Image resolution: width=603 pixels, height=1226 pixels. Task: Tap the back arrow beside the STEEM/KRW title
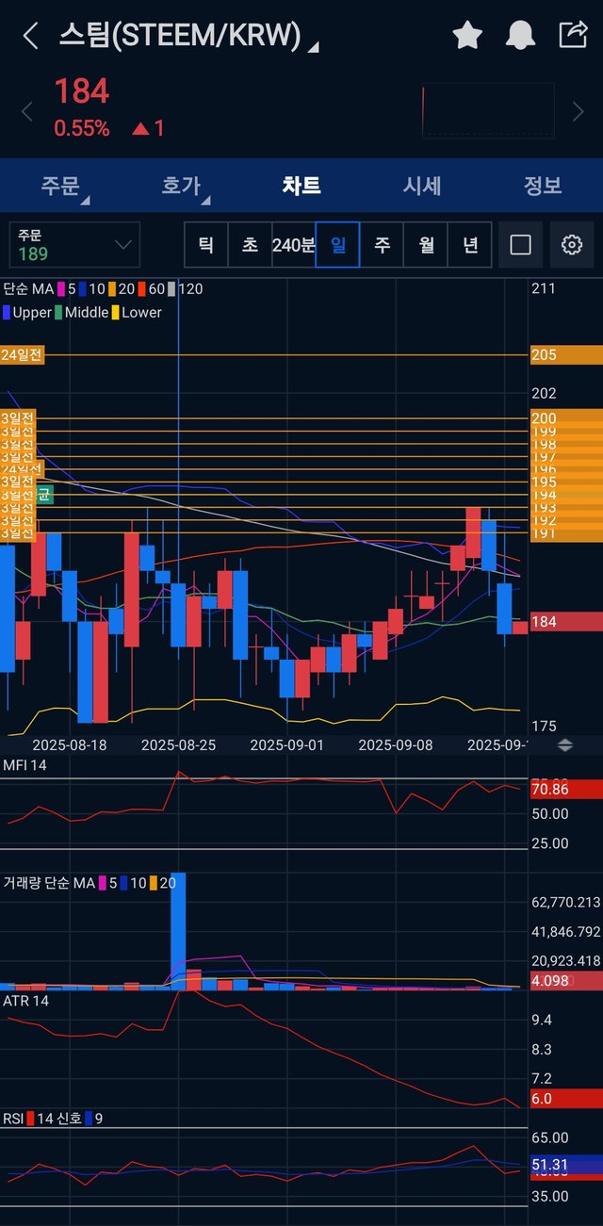click(x=31, y=36)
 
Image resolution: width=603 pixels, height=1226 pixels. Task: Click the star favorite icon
click(x=467, y=36)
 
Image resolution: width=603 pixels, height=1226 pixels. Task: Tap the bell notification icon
click(x=520, y=36)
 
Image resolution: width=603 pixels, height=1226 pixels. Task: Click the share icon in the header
click(x=573, y=35)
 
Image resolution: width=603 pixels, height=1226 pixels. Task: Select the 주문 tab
click(x=60, y=186)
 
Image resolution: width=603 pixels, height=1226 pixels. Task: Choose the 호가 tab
click(x=181, y=186)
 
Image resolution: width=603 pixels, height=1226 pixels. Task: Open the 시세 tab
click(x=422, y=186)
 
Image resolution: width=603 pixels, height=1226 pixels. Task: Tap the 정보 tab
click(x=543, y=186)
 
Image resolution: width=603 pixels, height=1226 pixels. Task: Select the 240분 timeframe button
click(x=293, y=245)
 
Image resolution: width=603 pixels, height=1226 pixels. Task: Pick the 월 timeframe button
click(x=426, y=245)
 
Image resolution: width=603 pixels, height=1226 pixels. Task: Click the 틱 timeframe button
click(x=205, y=245)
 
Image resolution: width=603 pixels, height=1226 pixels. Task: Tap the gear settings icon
click(x=571, y=245)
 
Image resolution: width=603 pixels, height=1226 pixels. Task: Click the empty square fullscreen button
click(x=520, y=245)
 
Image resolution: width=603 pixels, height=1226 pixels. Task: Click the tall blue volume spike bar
click(x=178, y=928)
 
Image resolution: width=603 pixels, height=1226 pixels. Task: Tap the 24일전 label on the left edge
click(x=22, y=355)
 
